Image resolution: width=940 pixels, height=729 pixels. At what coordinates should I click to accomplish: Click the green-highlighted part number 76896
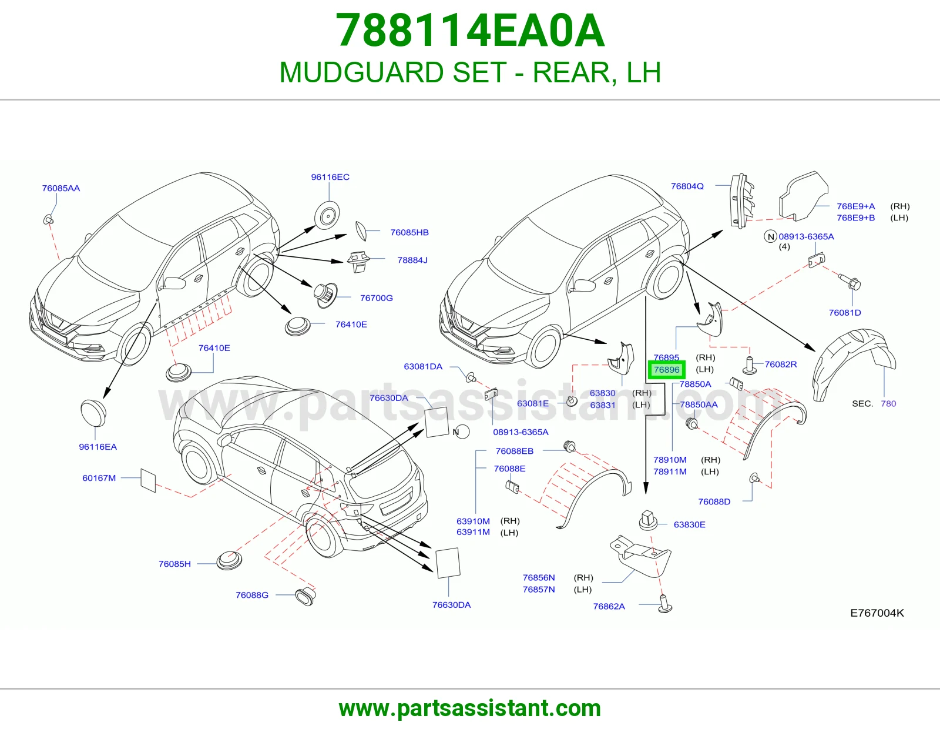coord(667,370)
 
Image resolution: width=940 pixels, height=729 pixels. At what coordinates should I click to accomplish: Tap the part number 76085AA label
coord(61,188)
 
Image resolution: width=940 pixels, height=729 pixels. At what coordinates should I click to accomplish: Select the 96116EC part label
coord(330,177)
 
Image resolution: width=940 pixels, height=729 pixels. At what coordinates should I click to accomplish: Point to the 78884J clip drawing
coord(358,261)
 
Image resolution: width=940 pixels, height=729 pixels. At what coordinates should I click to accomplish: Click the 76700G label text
coord(377,298)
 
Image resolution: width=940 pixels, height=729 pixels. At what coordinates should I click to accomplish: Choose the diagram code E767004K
coord(877,613)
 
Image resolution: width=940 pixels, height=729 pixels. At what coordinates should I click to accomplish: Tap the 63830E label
coord(690,524)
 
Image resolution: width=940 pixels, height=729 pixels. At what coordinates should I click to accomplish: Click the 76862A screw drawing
coord(665,604)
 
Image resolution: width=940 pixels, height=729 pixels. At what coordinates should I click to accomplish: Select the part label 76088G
coord(252,595)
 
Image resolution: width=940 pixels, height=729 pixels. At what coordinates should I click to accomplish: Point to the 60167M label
coord(99,478)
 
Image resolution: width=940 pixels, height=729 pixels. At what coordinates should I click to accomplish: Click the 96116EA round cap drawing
coord(93,413)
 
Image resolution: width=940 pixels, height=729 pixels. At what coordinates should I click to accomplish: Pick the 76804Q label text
coord(687,186)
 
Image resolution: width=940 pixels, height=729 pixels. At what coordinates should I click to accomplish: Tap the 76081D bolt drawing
coord(850,282)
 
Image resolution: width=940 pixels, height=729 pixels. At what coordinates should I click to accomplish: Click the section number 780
coord(888,403)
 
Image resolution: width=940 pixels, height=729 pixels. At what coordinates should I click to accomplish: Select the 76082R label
coord(780,364)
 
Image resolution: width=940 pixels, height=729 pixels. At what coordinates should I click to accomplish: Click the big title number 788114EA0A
coord(470,31)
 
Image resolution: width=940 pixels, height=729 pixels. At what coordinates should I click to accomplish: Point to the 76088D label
coord(714,501)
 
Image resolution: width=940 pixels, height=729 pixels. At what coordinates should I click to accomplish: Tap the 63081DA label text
coord(423,367)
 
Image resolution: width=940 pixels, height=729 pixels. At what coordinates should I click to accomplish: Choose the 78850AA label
coord(699,404)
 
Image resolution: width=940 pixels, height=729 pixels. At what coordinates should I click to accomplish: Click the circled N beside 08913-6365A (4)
coord(770,237)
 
